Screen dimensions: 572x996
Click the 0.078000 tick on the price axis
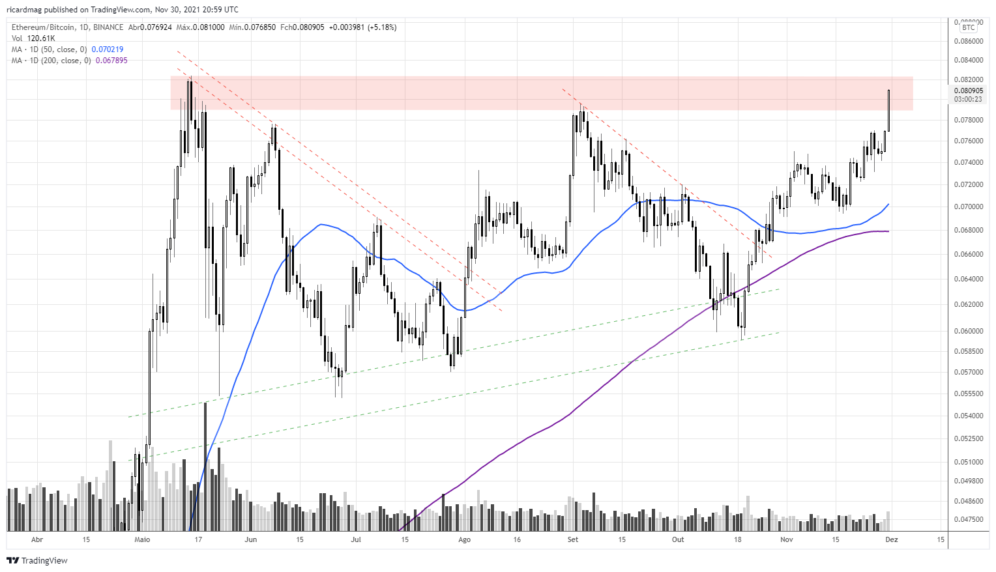[968, 120]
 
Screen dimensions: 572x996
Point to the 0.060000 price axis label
[968, 331]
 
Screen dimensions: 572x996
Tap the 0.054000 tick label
[968, 416]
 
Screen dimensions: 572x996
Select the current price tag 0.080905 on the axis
[968, 91]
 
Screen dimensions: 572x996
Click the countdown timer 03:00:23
[968, 99]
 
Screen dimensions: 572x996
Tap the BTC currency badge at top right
[969, 27]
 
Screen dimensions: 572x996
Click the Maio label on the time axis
[142, 539]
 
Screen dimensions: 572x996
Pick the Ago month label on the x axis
[464, 539]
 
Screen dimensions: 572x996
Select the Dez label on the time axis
[891, 539]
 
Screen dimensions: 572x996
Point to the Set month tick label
[572, 539]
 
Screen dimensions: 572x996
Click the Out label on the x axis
[678, 539]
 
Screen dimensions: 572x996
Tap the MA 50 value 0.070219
[108, 50]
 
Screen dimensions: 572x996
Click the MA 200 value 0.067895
[111, 61]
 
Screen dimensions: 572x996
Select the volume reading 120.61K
[41, 38]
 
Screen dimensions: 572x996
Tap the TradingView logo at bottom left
[37, 560]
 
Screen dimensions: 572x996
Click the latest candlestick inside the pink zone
[888, 109]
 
